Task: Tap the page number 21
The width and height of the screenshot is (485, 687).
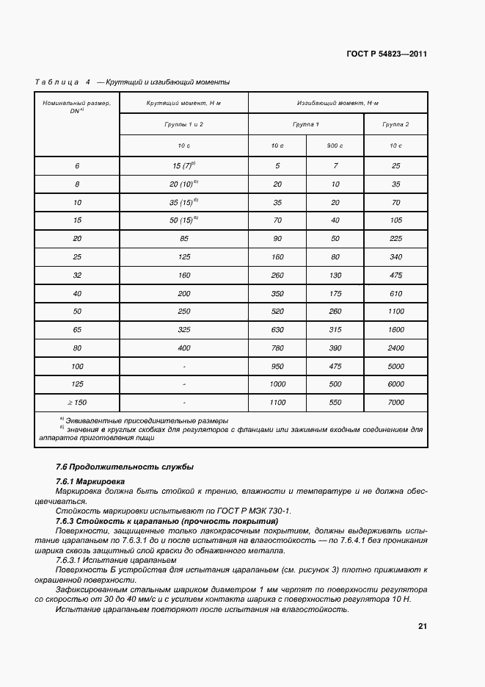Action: pyautogui.click(x=423, y=626)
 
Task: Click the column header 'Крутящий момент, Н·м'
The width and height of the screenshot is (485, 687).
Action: pyautogui.click(x=183, y=104)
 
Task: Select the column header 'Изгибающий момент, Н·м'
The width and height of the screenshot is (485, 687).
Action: pyautogui.click(x=338, y=104)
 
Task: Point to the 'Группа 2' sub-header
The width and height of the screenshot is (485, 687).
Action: pyautogui.click(x=395, y=125)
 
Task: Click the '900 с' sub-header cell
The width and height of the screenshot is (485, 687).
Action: pyautogui.click(x=335, y=146)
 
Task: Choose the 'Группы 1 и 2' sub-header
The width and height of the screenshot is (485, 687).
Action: pyautogui.click(x=183, y=125)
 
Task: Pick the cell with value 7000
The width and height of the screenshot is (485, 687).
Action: pyautogui.click(x=395, y=403)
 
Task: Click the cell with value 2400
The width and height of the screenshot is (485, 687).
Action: pyautogui.click(x=395, y=347)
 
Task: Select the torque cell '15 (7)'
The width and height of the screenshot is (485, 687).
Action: pyautogui.click(x=183, y=166)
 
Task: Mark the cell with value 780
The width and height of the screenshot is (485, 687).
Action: pyautogui.click(x=277, y=347)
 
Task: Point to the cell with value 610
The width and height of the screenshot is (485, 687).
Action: pyautogui.click(x=395, y=293)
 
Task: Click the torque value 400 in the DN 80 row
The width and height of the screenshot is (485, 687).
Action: pyautogui.click(x=183, y=347)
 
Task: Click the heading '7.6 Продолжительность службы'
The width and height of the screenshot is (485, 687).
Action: pyautogui.click(x=125, y=467)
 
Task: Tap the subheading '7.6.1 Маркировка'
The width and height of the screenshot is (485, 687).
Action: pyautogui.click(x=91, y=481)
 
